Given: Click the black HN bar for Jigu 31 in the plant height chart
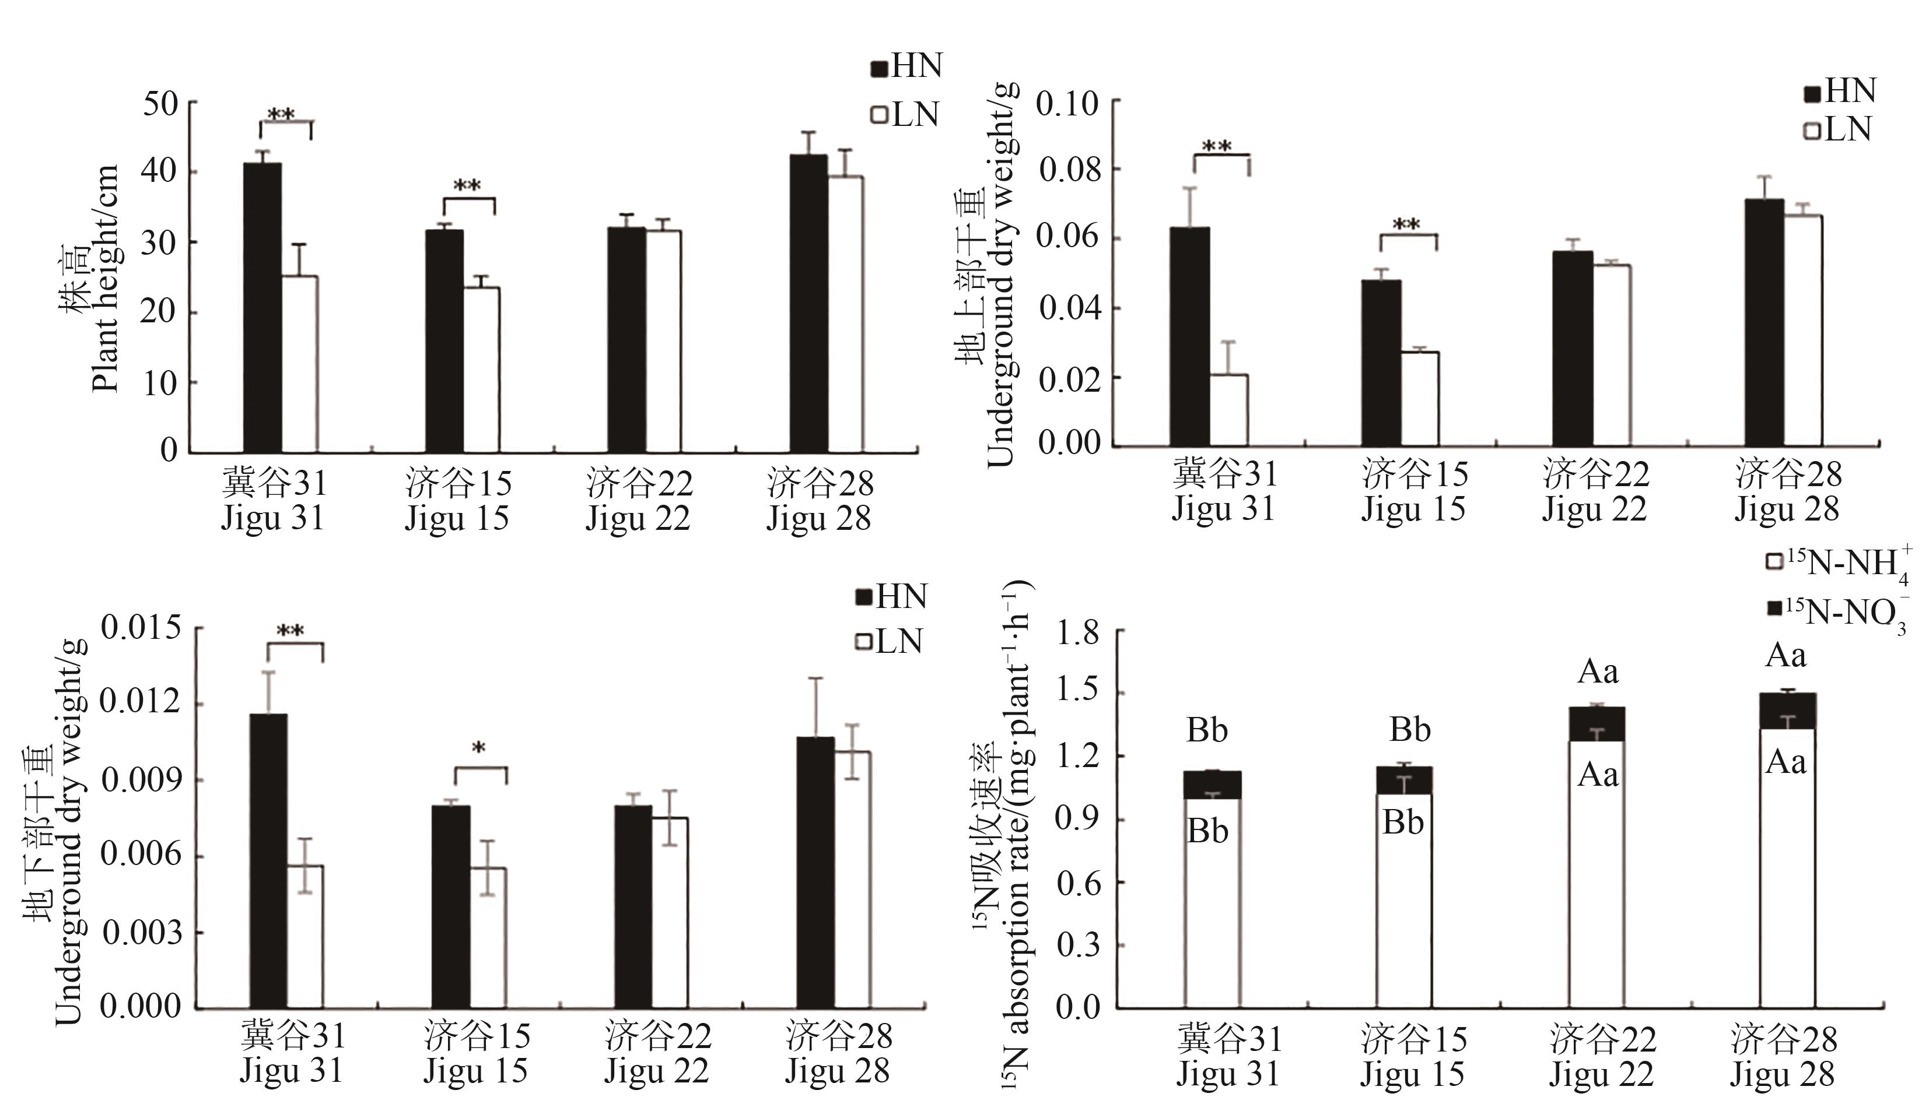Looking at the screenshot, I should (x=262, y=307).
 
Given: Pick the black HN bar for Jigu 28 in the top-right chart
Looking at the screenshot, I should (x=1764, y=322).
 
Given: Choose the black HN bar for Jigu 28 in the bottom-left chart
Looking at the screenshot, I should (x=815, y=872).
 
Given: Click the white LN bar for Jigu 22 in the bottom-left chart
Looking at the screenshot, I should (x=671, y=913).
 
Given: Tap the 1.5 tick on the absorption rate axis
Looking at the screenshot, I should (x=1078, y=692).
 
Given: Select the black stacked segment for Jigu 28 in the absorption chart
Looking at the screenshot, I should (x=1787, y=711).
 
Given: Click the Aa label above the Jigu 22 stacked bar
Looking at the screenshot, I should (x=1598, y=672).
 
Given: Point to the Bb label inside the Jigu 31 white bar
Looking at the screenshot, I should (x=1207, y=832).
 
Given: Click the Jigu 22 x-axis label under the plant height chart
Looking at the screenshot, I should (x=639, y=501).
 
